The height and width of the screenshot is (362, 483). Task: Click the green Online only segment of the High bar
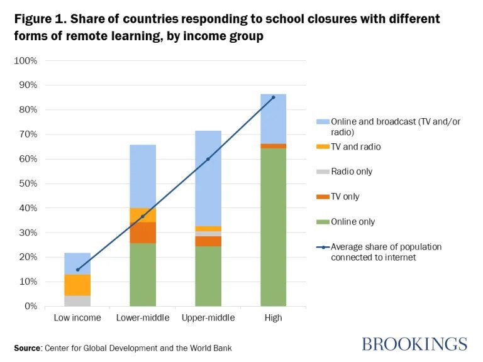(x=274, y=227)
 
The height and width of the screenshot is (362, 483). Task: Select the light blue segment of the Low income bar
(x=77, y=263)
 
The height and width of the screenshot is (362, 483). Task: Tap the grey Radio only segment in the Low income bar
(x=77, y=300)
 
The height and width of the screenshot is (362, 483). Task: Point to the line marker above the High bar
(x=274, y=97)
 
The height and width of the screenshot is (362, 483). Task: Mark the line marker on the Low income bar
(x=77, y=270)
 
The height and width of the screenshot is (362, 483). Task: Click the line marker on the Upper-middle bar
(x=208, y=159)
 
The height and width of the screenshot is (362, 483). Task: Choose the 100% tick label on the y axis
(x=26, y=61)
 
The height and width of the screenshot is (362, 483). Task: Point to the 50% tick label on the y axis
(x=28, y=184)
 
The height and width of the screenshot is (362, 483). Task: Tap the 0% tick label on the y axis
(x=30, y=306)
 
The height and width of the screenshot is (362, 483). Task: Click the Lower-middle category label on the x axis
(x=143, y=318)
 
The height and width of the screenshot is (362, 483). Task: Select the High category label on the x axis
(x=274, y=318)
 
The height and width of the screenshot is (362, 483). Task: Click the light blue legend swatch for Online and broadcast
(x=321, y=121)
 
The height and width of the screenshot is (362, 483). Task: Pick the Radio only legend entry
(x=352, y=172)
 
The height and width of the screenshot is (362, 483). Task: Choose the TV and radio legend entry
(x=356, y=146)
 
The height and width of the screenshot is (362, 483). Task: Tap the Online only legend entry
(x=353, y=222)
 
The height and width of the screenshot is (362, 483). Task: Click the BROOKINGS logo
(x=414, y=344)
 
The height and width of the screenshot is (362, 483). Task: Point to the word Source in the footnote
(x=28, y=348)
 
